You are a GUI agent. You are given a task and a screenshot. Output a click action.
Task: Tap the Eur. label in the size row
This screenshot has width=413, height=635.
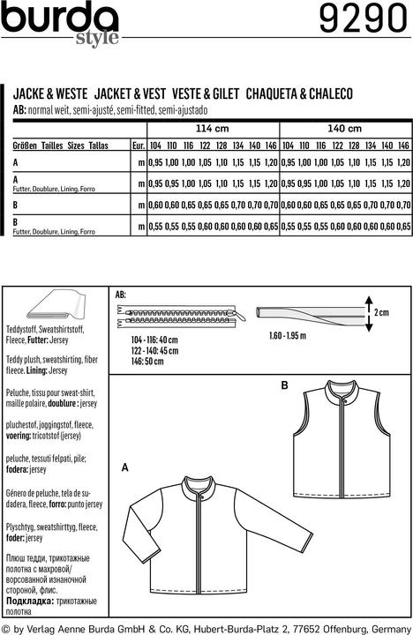click(x=137, y=144)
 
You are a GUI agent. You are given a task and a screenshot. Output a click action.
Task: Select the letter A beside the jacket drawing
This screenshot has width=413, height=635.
click(x=124, y=466)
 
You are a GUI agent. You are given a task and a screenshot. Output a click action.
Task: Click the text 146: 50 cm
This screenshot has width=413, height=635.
click(x=136, y=360)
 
